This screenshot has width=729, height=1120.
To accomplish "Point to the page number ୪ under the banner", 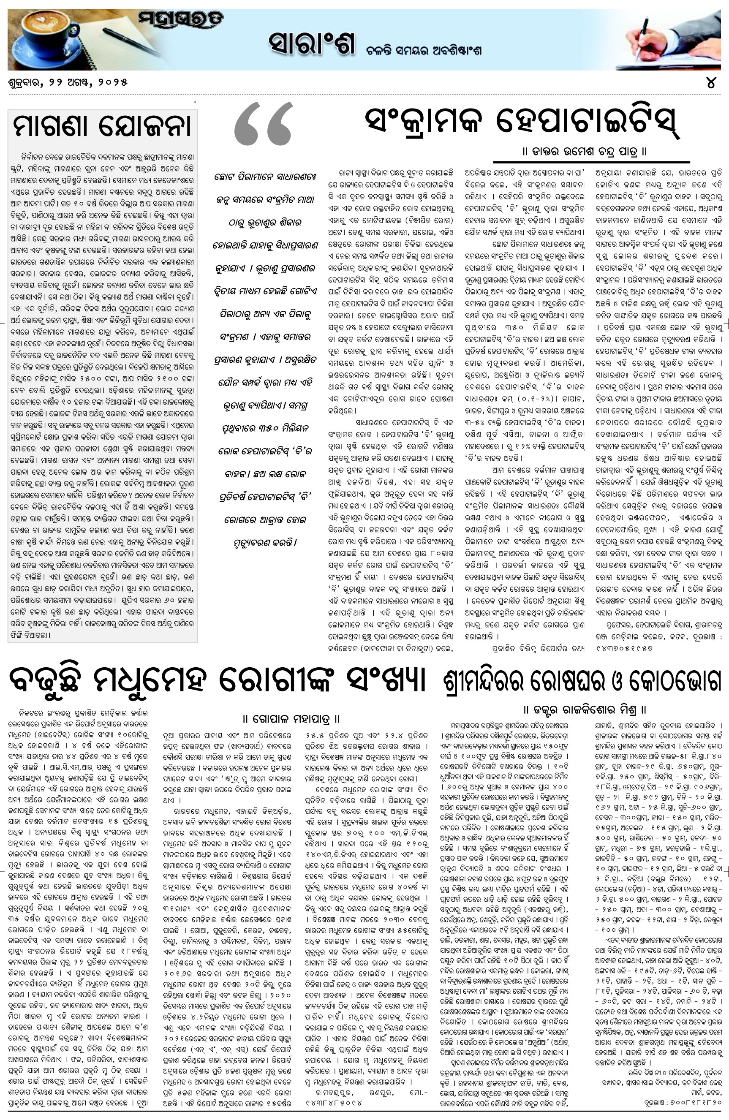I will (x=711, y=83).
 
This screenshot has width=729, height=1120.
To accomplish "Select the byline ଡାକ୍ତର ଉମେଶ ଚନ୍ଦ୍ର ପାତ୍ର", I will (x=585, y=152).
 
